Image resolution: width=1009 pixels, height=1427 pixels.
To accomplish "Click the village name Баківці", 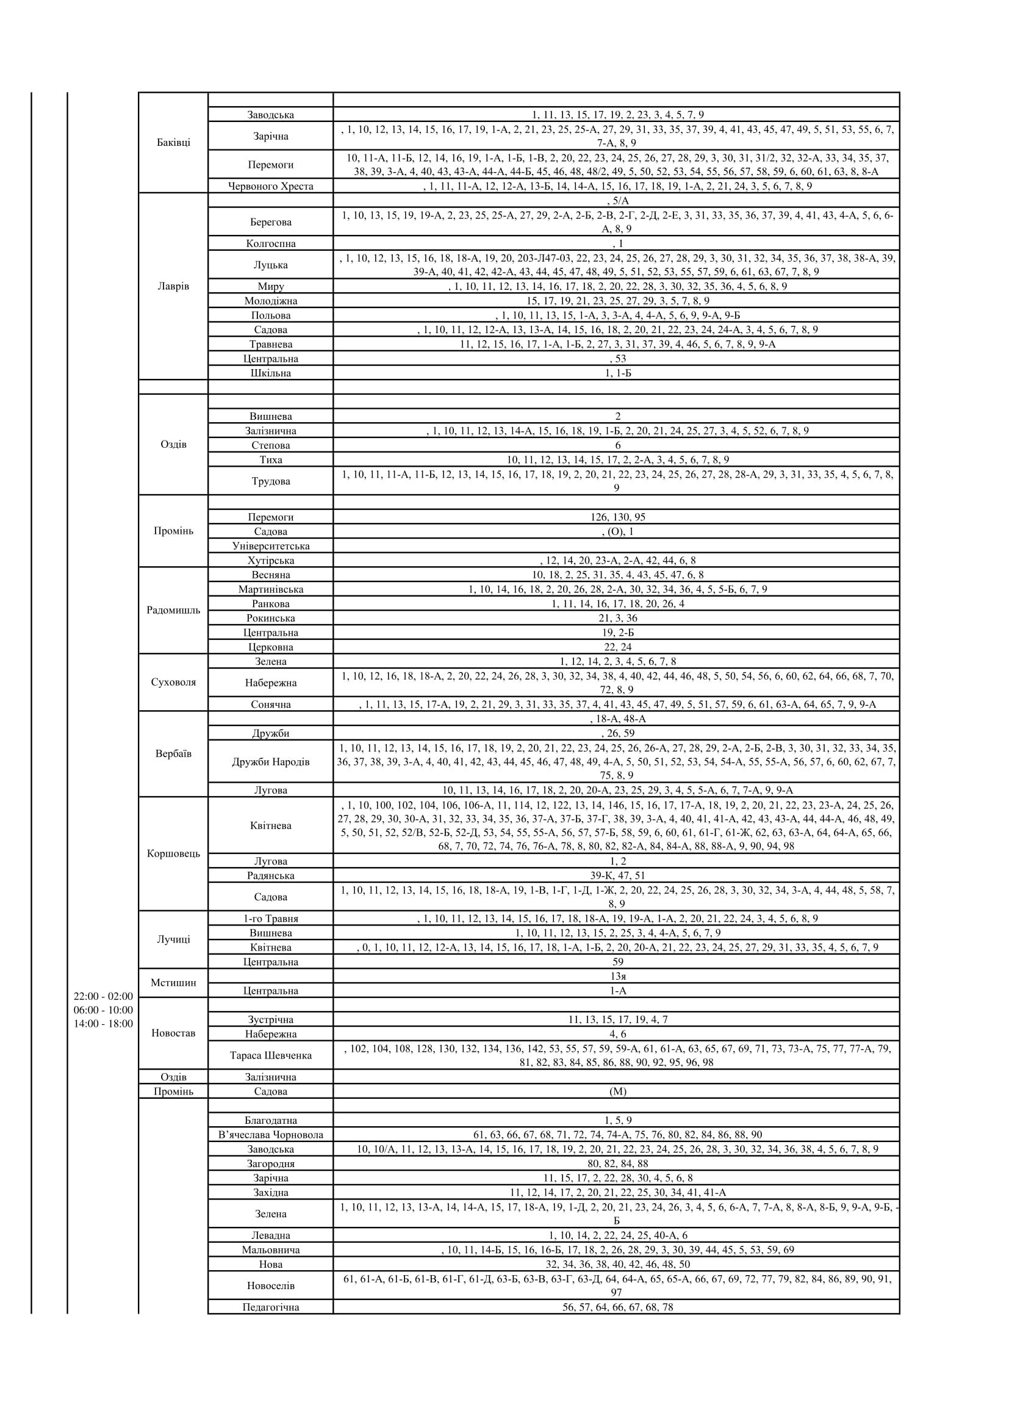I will [173, 142].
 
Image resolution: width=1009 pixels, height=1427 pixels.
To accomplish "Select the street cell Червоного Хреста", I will [270, 186].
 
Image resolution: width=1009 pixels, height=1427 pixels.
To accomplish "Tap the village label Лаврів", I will [173, 287].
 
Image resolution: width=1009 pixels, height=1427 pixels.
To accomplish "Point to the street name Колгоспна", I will [270, 243].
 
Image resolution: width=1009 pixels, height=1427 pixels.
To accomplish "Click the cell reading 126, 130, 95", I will [617, 517].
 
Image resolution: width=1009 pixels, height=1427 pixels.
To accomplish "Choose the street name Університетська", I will [270, 545].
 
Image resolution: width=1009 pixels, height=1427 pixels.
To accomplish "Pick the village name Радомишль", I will [173, 609].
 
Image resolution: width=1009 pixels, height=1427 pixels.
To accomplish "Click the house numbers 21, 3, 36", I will [617, 618].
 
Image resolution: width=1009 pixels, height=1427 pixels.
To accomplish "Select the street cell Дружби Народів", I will [270, 761].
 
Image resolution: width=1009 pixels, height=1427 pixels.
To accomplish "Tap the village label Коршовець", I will [173, 854].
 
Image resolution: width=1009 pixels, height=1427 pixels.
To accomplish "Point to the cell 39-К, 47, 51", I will [617, 875].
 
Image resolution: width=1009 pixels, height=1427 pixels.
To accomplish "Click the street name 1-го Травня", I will [270, 919].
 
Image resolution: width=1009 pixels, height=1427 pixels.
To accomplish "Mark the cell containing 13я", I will [617, 976].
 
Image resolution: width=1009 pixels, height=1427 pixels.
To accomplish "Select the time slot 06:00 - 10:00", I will [103, 1010].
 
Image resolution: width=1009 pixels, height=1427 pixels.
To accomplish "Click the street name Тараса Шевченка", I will [270, 1055].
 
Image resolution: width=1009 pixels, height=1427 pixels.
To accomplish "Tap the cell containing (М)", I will [617, 1091].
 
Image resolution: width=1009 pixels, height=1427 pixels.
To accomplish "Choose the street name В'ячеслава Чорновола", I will [270, 1135].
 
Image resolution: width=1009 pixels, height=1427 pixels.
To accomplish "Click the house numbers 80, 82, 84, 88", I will [617, 1163].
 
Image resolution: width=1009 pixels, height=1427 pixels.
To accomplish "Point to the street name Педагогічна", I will [270, 1307].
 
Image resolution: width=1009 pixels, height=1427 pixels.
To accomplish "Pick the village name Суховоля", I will [173, 682].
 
